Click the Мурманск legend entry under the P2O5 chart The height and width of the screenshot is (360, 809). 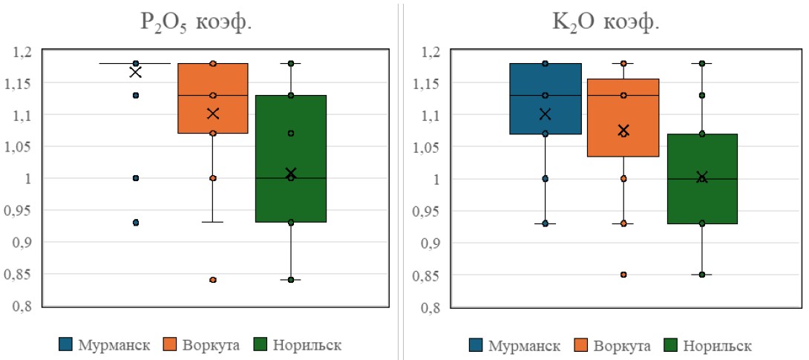click(108, 345)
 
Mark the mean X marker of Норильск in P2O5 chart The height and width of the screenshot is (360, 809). click(291, 173)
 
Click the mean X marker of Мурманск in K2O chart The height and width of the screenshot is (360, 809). click(546, 114)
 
